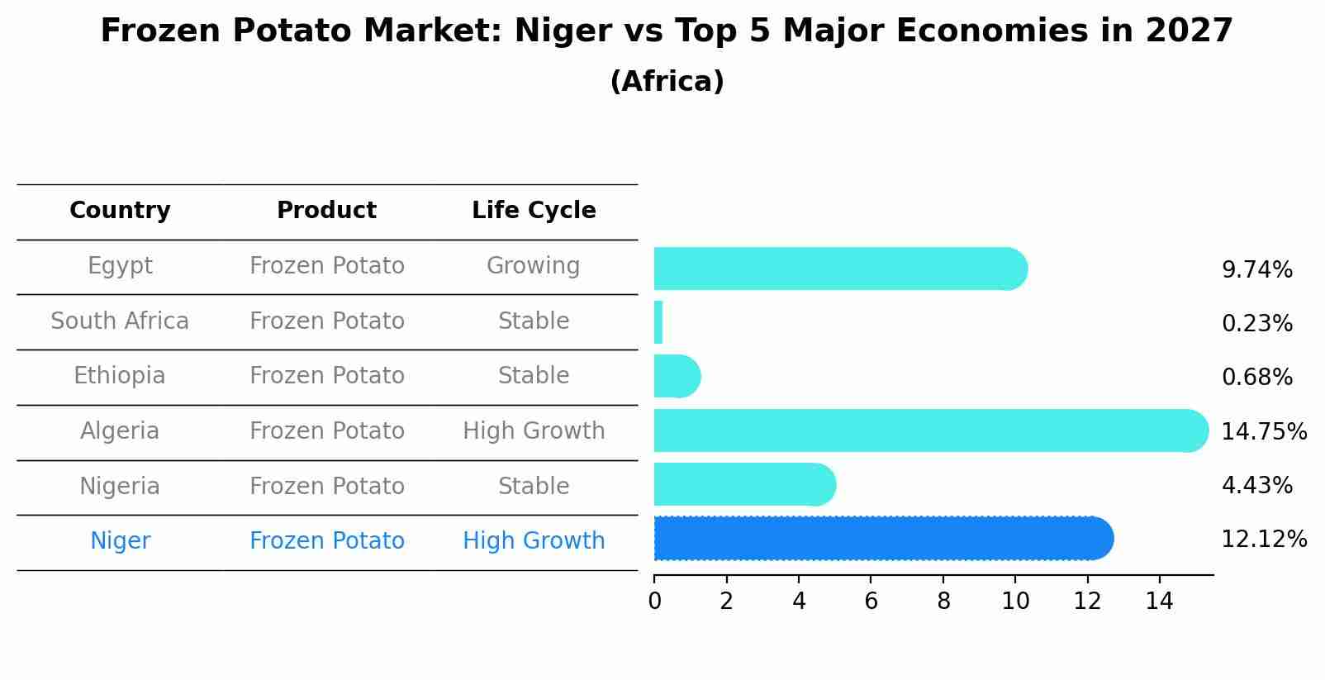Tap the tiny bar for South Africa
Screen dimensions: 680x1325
click(x=658, y=322)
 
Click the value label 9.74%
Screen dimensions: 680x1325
click(x=1256, y=270)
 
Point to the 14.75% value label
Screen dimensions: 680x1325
click(x=1264, y=431)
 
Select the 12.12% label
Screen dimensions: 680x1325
click(x=1264, y=540)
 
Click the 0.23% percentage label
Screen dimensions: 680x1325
click(x=1256, y=324)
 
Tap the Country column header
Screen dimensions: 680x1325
click(x=120, y=211)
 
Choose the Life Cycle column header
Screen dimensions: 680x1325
click(x=534, y=211)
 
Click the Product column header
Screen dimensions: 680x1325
click(x=326, y=211)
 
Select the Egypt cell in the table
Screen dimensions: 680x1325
click(x=120, y=266)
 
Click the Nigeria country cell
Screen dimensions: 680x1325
click(x=120, y=486)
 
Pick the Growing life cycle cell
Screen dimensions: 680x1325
click(x=533, y=266)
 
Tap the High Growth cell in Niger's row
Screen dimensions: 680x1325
click(x=534, y=541)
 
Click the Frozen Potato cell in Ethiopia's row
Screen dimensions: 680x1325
click(x=326, y=376)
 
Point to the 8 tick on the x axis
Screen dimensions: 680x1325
click(x=943, y=602)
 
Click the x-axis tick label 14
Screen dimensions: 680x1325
click(x=1159, y=602)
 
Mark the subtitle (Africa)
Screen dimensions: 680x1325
click(x=667, y=82)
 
